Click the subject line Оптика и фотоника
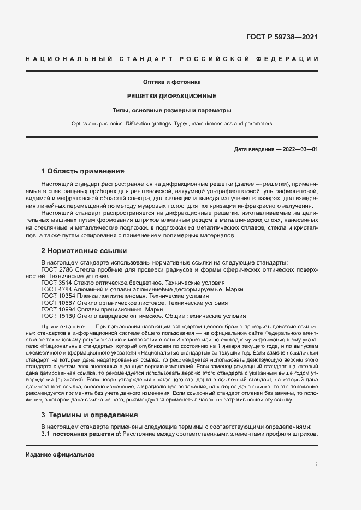point(172,82)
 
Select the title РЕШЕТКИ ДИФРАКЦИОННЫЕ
point(172,96)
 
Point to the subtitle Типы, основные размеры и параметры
point(172,110)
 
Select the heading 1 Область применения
point(83,171)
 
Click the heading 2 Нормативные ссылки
point(84,251)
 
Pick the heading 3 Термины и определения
point(90,415)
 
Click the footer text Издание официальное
point(60,454)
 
